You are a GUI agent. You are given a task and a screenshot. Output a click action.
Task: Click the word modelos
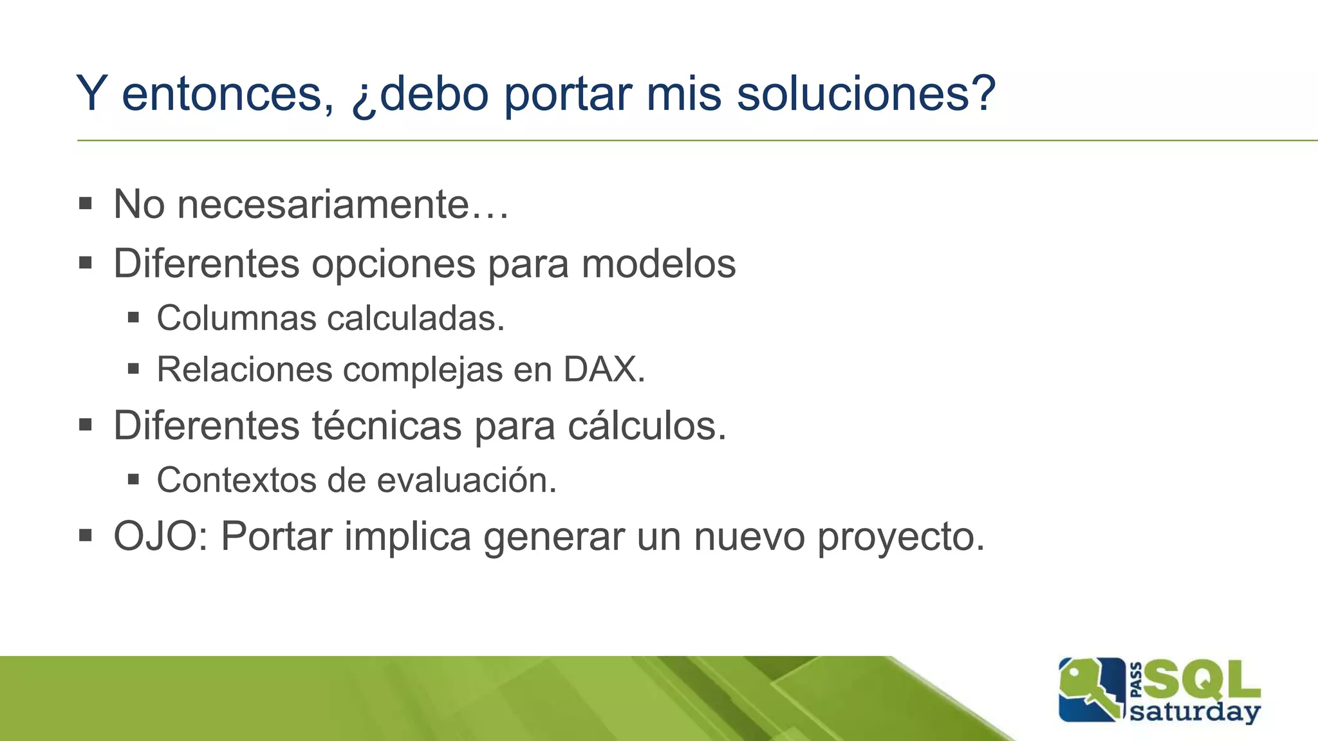point(658,264)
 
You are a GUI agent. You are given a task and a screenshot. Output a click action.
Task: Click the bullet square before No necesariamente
point(86,205)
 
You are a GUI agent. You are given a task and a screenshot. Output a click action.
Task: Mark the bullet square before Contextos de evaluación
point(133,479)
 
